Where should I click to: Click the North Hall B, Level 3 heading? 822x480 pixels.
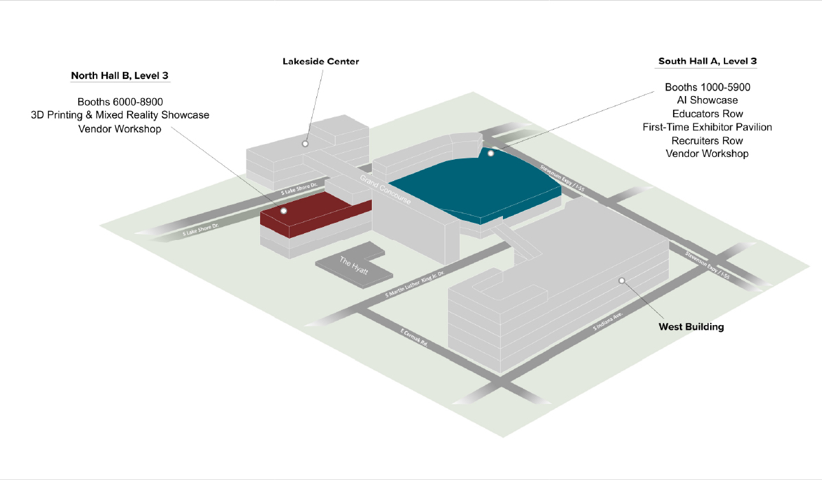[120, 75]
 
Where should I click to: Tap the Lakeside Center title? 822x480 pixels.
[320, 62]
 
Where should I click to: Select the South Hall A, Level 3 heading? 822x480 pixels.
[707, 61]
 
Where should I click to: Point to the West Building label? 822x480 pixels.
[691, 327]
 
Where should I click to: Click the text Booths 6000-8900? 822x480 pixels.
[120, 102]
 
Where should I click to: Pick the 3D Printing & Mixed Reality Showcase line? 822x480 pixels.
[120, 115]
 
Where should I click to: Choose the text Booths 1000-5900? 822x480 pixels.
[707, 88]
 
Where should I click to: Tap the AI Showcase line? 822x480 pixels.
[707, 101]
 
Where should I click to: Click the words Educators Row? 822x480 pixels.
[707, 114]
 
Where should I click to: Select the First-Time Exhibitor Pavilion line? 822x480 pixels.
[707, 127]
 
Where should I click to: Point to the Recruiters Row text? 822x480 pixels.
[707, 141]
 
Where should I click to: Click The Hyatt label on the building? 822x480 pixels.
[354, 265]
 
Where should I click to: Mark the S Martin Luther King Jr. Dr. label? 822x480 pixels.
[414, 285]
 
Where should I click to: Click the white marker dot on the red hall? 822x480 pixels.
[284, 211]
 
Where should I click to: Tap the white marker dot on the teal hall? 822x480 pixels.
[491, 154]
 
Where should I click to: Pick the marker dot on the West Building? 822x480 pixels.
[622, 280]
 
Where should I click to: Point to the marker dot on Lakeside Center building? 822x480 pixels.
[305, 144]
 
